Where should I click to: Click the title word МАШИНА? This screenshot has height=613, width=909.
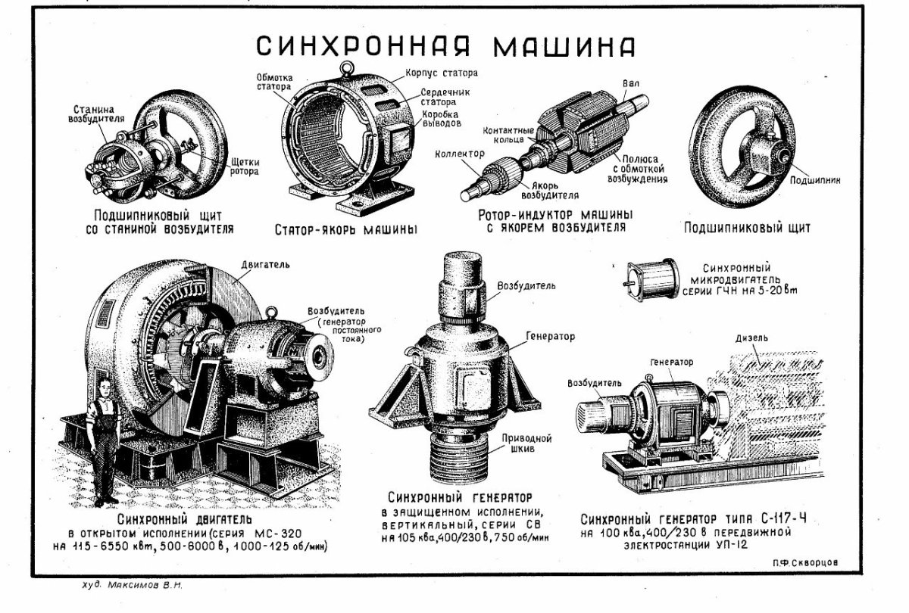click(564, 46)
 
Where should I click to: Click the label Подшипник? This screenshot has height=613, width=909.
click(815, 181)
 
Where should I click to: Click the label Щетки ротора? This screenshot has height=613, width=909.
click(243, 166)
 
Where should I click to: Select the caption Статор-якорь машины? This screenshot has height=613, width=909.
click(346, 229)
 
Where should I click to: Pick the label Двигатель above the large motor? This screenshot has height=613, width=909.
click(266, 266)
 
